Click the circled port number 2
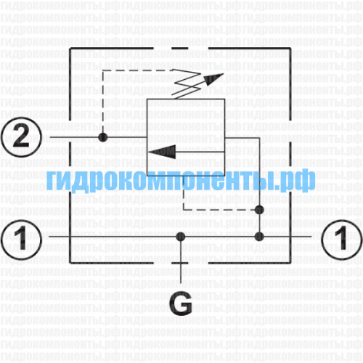pos(21,137)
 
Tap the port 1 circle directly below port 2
pos(21,239)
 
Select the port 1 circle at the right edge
pos(342,239)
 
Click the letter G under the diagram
pos(181,304)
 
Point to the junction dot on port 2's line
pos(103,137)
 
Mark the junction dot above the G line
pos(181,237)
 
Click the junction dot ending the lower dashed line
pos(259,210)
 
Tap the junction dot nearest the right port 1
pos(259,237)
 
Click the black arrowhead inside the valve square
pos(162,152)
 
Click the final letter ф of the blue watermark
pos(305,180)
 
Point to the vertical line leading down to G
pos(181,260)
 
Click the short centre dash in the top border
pos(179,49)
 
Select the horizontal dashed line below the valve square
pos(220,210)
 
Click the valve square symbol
pos(186,137)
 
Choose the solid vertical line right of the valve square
pos(259,187)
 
